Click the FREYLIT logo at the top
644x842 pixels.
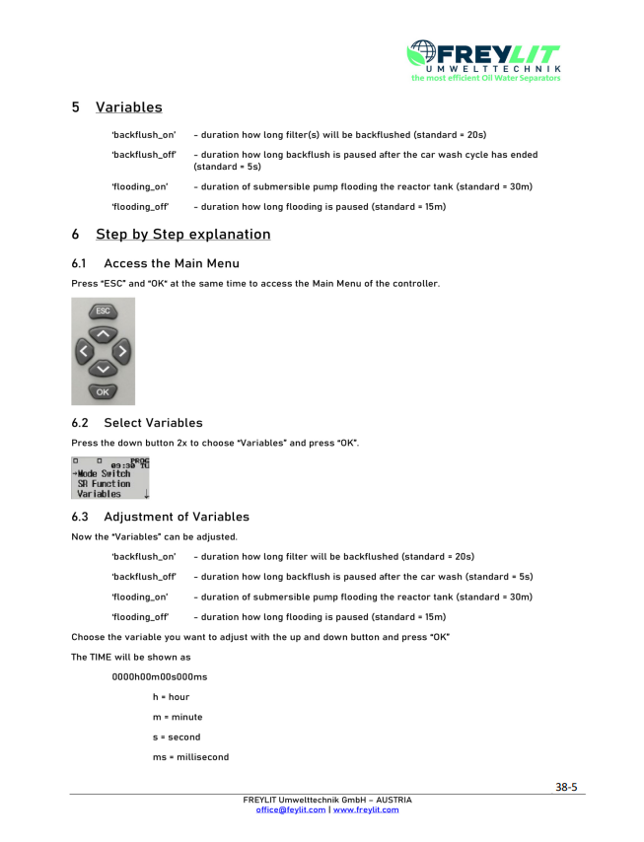[484, 59]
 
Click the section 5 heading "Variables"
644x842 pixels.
[128, 107]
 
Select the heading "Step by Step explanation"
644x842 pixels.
[182, 235]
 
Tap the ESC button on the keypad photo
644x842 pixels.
[103, 312]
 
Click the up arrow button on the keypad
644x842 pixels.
[103, 334]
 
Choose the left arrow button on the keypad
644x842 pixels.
[85, 351]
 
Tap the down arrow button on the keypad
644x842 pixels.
[103, 369]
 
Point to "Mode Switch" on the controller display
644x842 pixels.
[104, 473]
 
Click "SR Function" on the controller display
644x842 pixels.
[104, 484]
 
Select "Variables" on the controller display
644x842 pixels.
[100, 495]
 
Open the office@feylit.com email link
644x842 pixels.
[290, 809]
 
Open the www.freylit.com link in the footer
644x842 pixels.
[366, 809]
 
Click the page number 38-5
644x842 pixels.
[565, 788]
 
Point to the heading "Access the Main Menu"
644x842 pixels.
[171, 263]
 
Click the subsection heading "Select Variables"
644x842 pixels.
[153, 423]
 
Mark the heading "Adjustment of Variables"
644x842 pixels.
[176, 517]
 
